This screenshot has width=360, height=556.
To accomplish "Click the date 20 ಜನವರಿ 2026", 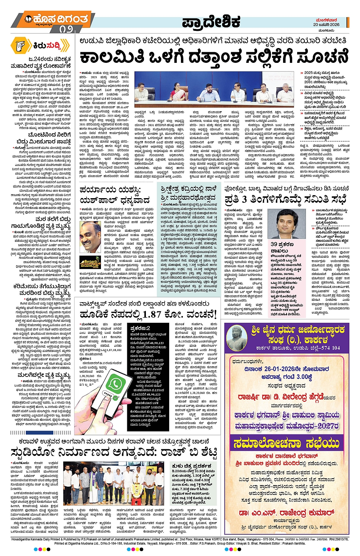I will click(x=326, y=24).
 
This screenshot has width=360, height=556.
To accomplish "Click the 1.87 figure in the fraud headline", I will click(x=151, y=314).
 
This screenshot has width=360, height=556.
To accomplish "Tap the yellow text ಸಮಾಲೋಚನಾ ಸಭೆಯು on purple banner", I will click(x=286, y=443).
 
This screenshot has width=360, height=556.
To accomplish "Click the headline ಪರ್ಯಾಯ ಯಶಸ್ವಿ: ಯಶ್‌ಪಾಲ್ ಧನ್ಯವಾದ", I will click(x=114, y=195).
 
